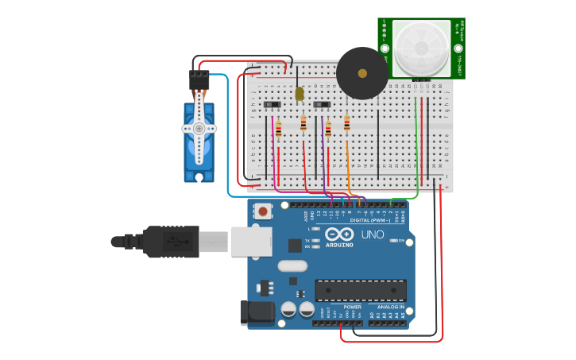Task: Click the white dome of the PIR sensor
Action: click(420, 47)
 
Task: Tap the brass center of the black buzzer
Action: click(362, 73)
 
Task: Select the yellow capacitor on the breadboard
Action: click(300, 94)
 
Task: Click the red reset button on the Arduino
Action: click(261, 211)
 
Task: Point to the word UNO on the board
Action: click(373, 234)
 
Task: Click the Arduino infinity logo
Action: click(339, 234)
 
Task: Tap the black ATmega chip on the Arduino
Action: click(361, 290)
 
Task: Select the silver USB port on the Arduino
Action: click(251, 241)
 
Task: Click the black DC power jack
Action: click(256, 312)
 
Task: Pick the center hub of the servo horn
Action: click(199, 128)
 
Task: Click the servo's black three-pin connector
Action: click(199, 80)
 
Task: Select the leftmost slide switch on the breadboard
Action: click(272, 104)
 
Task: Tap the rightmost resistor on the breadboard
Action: click(346, 124)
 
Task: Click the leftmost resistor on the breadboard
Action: click(278, 129)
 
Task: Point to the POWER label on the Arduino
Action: click(352, 307)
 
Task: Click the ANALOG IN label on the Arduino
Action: click(391, 307)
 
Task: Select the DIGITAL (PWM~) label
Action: click(369, 220)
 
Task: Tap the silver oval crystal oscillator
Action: click(292, 265)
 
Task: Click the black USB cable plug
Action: click(170, 242)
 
